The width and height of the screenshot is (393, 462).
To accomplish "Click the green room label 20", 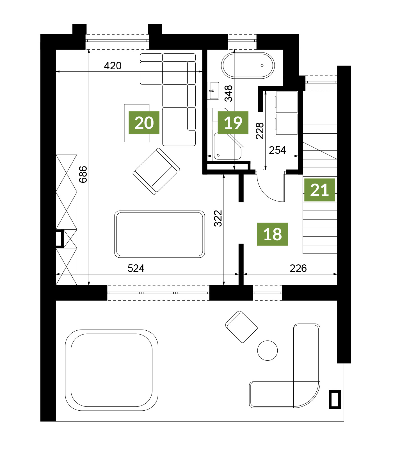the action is point(144,123).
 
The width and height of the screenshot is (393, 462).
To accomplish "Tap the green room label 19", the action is point(233,123).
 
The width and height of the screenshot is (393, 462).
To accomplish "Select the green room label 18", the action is point(272,234).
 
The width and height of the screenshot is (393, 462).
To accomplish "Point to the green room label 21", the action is point(319,190).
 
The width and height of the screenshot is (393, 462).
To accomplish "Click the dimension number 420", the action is point(113,66).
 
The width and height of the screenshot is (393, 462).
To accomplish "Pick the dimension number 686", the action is point(83,174).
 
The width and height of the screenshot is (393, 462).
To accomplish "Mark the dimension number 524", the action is point(136,269).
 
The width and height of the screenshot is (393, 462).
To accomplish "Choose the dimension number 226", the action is point(298,269).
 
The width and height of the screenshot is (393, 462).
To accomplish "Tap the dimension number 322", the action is point(218,218).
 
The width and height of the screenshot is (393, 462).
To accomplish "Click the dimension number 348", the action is point(229,93).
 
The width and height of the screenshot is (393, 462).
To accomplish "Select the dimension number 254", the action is point(277,150).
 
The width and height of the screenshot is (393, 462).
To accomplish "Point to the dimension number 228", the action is point(260,131).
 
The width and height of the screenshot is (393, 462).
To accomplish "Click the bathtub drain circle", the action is point(262,65).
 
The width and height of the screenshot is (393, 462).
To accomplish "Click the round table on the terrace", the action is point(268,351).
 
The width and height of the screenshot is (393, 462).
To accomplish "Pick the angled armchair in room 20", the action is point(156,171).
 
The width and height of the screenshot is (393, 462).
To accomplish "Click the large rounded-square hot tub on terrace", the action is point(111,370).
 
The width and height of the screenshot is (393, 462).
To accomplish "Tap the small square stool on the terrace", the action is point(241,327).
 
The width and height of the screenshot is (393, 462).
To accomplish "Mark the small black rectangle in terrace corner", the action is point(335,399).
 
